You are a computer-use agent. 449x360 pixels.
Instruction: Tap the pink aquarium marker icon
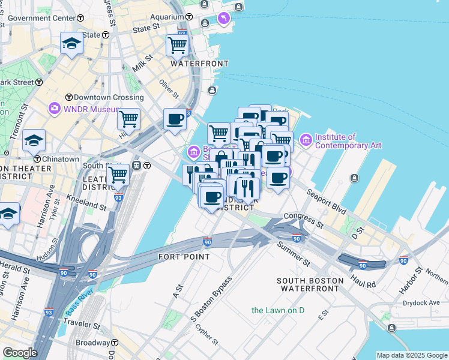pos(224,19)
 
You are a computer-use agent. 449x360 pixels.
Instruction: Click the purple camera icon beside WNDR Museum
pos(55,109)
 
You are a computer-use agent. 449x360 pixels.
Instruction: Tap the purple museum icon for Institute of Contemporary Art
pos(306,140)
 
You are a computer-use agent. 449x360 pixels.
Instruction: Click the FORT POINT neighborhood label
pos(184,257)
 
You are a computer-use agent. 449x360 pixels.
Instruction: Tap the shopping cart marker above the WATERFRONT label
pos(177,44)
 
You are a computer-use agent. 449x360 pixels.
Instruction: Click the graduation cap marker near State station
pos(71,44)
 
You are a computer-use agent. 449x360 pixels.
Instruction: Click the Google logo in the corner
pos(19,353)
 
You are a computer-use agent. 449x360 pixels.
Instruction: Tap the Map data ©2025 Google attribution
pos(412,355)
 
